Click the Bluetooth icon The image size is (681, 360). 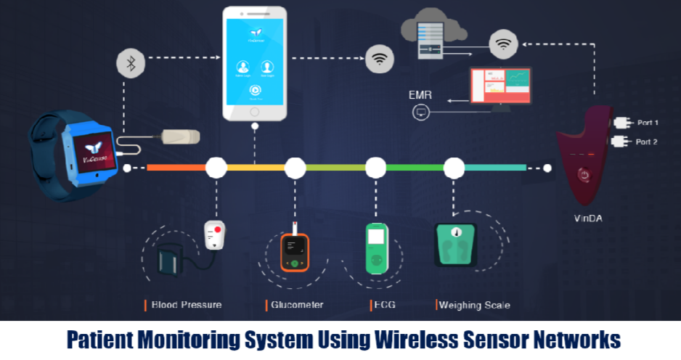tap(131, 63)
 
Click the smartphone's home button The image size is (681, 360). tap(255, 112)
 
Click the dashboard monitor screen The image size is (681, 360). tap(500, 86)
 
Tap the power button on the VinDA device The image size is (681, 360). tap(582, 175)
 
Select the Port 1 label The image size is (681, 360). tap(646, 123)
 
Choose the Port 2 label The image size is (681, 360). tap(646, 142)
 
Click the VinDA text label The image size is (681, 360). tap(588, 217)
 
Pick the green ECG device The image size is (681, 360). tap(376, 249)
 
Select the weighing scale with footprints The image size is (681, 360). tap(455, 245)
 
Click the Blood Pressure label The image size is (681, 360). tap(186, 305)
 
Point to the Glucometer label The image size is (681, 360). tap(297, 305)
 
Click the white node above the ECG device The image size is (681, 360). tap(375, 168)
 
